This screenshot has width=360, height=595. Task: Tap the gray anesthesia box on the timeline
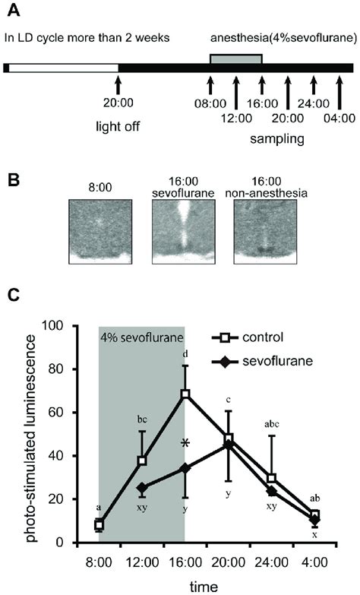(x=235, y=59)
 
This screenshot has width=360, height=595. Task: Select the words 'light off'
(x=118, y=125)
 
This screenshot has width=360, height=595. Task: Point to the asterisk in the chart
(x=185, y=444)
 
